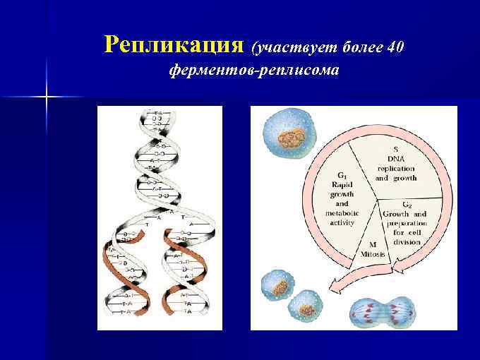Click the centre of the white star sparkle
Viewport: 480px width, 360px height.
tap(47, 95)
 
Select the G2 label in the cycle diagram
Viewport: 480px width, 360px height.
tap(407, 204)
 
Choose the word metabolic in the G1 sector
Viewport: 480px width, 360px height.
tap(342, 213)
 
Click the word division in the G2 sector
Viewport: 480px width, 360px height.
tap(407, 241)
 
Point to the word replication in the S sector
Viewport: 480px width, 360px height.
tap(395, 169)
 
